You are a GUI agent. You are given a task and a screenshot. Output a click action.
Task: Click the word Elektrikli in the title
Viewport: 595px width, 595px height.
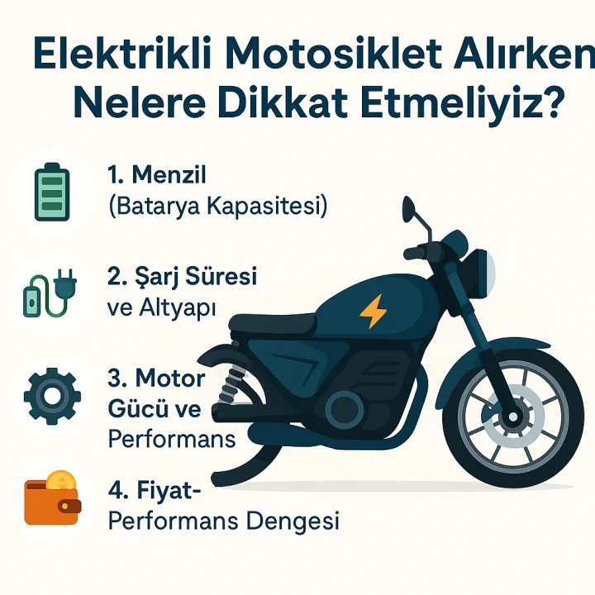click(122, 54)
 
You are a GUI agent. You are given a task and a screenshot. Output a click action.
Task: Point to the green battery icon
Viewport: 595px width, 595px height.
click(52, 192)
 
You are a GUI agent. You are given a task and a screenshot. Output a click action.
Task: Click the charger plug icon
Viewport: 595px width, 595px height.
click(50, 293)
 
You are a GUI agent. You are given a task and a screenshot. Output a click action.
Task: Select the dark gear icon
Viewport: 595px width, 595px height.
click(52, 396)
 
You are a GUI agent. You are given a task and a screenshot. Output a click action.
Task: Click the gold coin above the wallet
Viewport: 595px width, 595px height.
click(60, 480)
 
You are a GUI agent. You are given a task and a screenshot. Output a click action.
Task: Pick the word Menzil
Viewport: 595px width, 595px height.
click(169, 175)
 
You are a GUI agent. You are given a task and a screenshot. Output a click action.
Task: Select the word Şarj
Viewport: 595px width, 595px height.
click(155, 277)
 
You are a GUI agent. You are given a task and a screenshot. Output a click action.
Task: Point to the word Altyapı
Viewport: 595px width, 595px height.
click(177, 308)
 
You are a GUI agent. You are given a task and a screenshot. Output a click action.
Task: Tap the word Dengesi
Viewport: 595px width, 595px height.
click(293, 521)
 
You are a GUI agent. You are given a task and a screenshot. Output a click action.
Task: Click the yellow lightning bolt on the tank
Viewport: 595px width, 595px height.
click(374, 312)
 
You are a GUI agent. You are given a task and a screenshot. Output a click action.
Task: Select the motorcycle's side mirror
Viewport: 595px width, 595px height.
click(409, 208)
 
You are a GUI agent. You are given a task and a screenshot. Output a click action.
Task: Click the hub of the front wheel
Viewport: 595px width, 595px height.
click(513, 416)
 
